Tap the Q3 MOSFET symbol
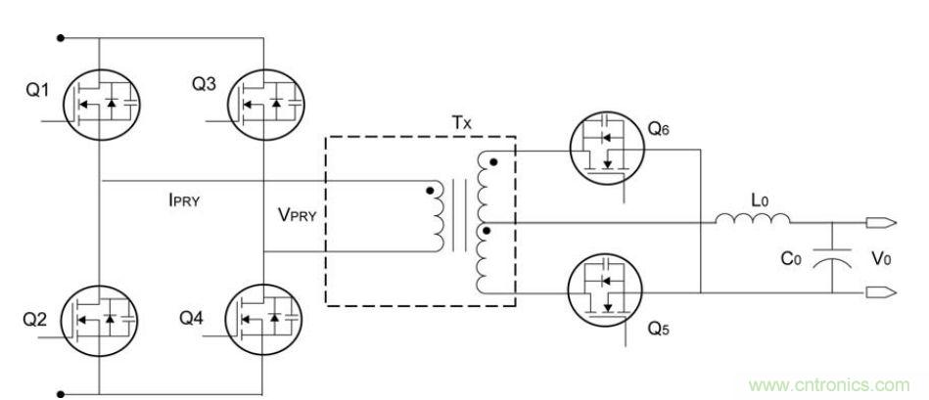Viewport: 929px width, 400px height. click(266, 102)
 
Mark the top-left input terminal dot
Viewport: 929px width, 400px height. click(61, 38)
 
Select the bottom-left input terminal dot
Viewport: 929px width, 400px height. click(61, 394)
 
